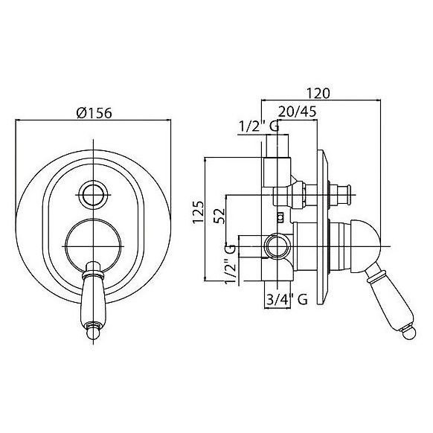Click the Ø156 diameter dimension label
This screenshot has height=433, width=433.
point(94,112)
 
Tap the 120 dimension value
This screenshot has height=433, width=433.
point(318,93)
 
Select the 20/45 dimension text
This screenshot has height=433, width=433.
point(297,112)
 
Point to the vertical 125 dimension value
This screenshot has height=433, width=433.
point(198,212)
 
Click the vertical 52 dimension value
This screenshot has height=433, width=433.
point(219,216)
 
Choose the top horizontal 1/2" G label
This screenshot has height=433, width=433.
point(259,126)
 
